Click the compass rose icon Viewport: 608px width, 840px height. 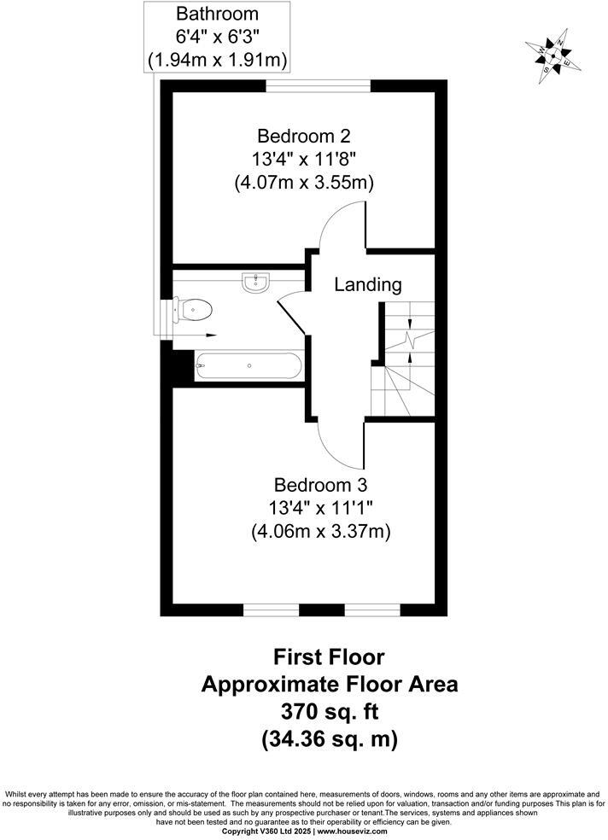[553, 55]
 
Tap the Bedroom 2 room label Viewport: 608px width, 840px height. [303, 136]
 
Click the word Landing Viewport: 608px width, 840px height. [367, 284]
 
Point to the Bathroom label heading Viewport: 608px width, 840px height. [216, 14]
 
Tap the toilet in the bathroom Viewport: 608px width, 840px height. [193, 309]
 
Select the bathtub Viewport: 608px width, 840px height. [248, 367]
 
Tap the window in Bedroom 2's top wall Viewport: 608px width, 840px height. [318, 85]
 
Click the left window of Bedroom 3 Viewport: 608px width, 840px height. [272, 610]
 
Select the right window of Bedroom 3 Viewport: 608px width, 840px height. [372, 610]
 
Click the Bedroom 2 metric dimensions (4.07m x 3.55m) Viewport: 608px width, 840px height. [303, 182]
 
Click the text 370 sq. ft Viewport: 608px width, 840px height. [329, 711]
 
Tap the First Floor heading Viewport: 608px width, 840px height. [329, 656]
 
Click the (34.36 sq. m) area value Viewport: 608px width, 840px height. [329, 739]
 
